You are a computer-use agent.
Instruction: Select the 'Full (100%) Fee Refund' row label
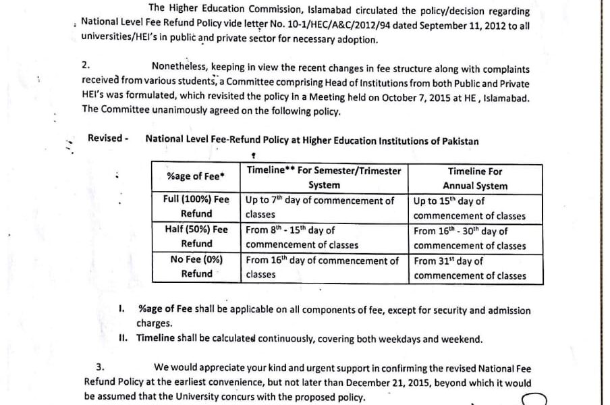point(196,207)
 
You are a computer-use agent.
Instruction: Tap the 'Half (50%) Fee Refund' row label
point(196,236)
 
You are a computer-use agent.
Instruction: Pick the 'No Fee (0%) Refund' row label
point(196,267)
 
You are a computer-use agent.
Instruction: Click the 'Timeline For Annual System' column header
point(474,178)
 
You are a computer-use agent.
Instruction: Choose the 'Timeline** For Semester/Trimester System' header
point(324,178)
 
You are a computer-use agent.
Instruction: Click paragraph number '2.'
point(85,65)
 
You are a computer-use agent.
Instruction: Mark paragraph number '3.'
point(100,367)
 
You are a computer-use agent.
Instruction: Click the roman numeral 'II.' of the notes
point(123,339)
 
